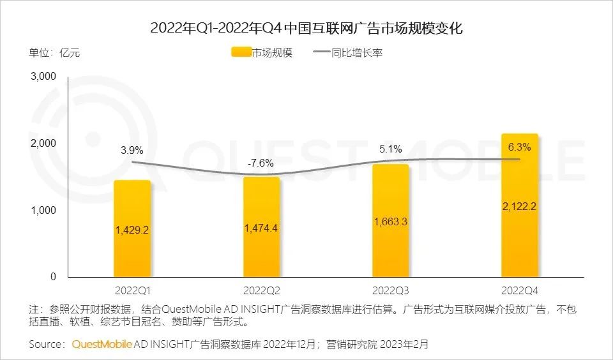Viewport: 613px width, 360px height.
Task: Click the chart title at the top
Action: (306, 28)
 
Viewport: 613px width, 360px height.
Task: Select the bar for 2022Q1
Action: (132, 255)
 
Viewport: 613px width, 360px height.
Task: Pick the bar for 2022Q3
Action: (390, 255)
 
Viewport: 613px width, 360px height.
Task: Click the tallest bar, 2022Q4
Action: (519, 243)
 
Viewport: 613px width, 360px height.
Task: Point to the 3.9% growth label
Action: (132, 151)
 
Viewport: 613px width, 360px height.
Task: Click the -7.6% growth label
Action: (261, 163)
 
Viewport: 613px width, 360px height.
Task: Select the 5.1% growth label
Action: (390, 149)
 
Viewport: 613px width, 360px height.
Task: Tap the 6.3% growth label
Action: (519, 147)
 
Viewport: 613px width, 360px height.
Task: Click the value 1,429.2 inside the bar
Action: (132, 230)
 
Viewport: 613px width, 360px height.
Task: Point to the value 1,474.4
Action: (261, 228)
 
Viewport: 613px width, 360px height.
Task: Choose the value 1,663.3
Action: (390, 221)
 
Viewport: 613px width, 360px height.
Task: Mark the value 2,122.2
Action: (519, 206)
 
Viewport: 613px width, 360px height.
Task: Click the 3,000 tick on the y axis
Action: (43, 77)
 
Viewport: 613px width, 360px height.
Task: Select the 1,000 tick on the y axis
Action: (43, 211)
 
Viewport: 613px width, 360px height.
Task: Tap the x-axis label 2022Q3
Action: (390, 290)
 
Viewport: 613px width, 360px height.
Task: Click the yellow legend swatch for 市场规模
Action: (241, 53)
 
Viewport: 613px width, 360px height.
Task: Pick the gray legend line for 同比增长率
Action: (321, 53)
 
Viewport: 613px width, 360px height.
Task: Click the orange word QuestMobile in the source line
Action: (102, 345)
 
